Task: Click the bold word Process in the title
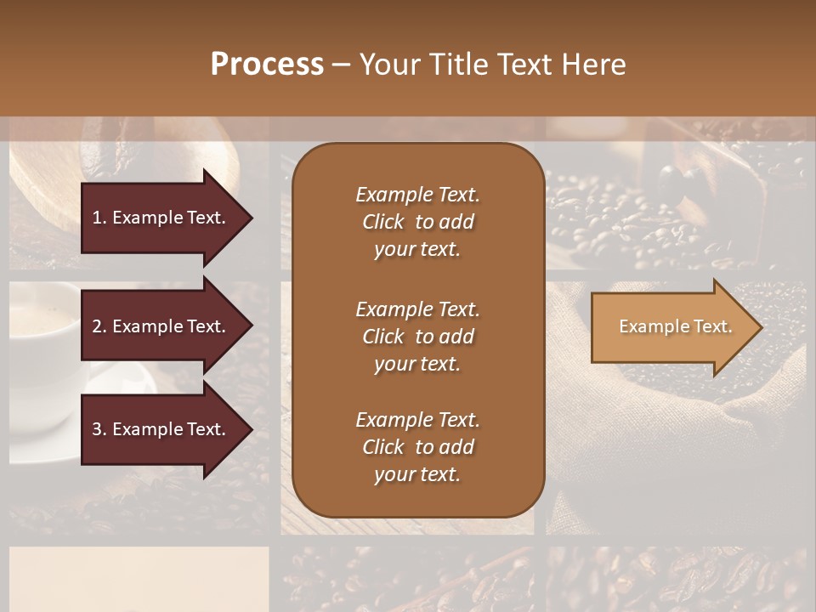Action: point(267,65)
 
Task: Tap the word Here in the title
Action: point(593,65)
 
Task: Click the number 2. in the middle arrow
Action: point(99,326)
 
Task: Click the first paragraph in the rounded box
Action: point(417,222)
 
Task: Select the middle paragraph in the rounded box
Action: point(417,337)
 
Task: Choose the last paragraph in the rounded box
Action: point(417,447)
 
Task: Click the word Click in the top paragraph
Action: point(383,222)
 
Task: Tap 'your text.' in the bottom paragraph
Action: point(417,474)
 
